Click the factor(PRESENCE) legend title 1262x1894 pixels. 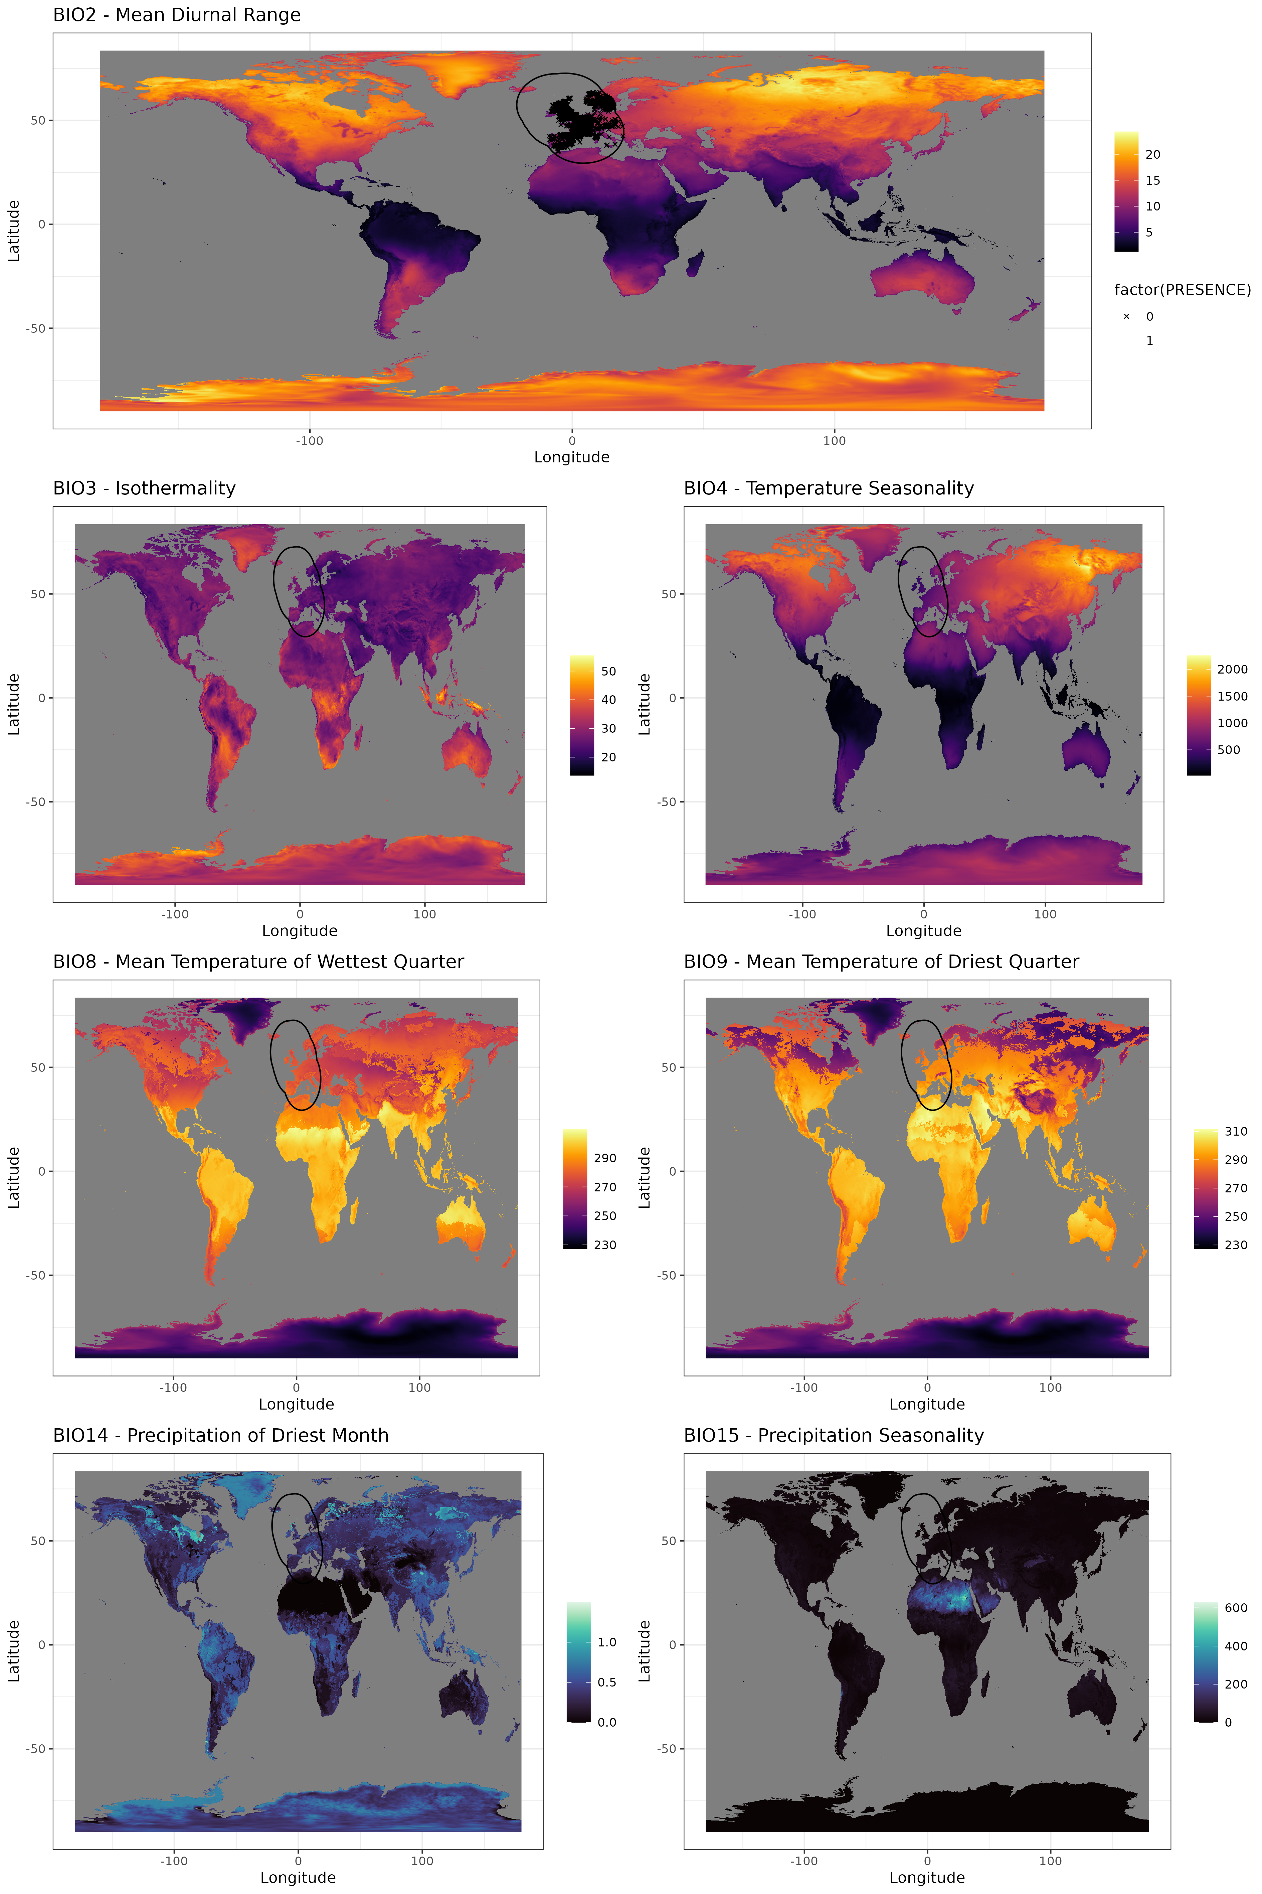click(1182, 290)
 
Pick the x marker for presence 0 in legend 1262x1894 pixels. click(1126, 316)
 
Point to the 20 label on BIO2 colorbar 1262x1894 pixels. click(1152, 155)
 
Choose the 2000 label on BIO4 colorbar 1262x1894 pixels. click(1232, 669)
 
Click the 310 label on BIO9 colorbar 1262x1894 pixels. click(1235, 1131)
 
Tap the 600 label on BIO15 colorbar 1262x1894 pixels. click(1235, 1607)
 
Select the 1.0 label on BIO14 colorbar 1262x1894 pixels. click(607, 1642)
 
